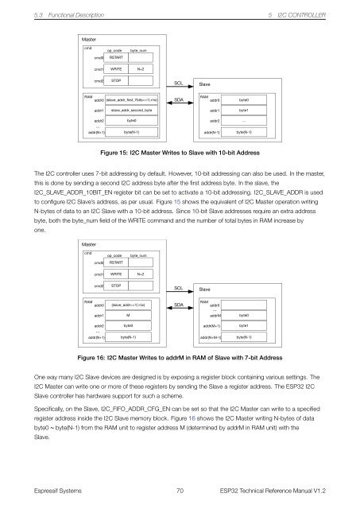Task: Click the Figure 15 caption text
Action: [185, 150]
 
